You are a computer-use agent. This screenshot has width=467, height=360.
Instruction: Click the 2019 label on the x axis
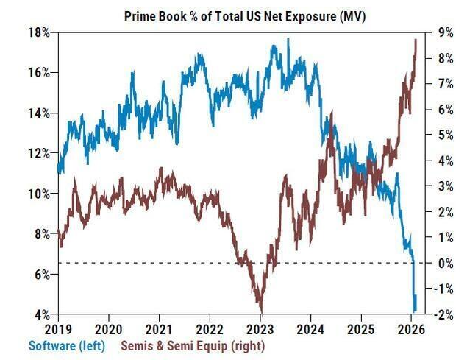[x=57, y=328]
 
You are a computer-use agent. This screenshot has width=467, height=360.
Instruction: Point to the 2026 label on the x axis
[x=413, y=328]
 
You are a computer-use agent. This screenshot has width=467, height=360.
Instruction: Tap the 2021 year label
[x=159, y=328]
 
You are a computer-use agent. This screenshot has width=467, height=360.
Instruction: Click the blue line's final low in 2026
[x=416, y=311]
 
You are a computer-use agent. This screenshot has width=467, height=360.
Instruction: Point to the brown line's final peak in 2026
[x=416, y=40]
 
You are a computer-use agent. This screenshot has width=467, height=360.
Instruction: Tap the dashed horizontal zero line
[x=184, y=263]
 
